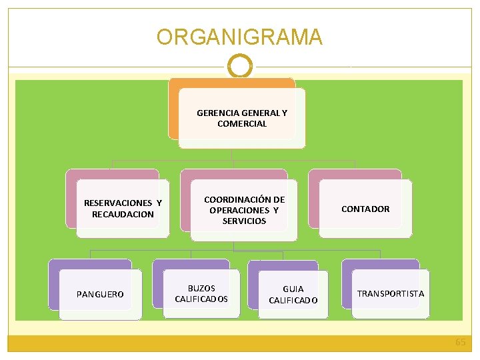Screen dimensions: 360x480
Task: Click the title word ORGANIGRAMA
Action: pyautogui.click(x=239, y=37)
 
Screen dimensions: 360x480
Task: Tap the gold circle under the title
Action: pyautogui.click(x=240, y=67)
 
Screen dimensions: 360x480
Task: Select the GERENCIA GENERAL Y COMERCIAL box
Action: pyautogui.click(x=242, y=119)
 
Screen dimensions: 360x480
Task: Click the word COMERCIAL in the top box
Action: pyautogui.click(x=242, y=124)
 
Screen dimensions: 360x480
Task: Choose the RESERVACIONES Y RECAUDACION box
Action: pyautogui.click(x=123, y=209)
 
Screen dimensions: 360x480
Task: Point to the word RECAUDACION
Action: pyautogui.click(x=123, y=215)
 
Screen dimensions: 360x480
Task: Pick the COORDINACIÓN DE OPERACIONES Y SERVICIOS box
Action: pyautogui.click(x=244, y=210)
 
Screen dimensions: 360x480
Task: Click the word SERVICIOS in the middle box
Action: pyautogui.click(x=244, y=221)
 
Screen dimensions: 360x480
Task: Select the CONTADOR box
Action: pyautogui.click(x=365, y=209)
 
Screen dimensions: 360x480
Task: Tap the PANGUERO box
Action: pyautogui.click(x=101, y=295)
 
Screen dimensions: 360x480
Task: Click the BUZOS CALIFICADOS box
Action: pyautogui.click(x=201, y=293)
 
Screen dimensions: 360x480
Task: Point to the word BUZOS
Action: pyautogui.click(x=201, y=288)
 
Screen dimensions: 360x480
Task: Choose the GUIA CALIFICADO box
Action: pyautogui.click(x=293, y=295)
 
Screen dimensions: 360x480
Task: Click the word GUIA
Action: pyautogui.click(x=293, y=289)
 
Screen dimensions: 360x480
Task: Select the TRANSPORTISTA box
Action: pyautogui.click(x=391, y=294)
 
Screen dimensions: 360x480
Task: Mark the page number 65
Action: pyautogui.click(x=460, y=342)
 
